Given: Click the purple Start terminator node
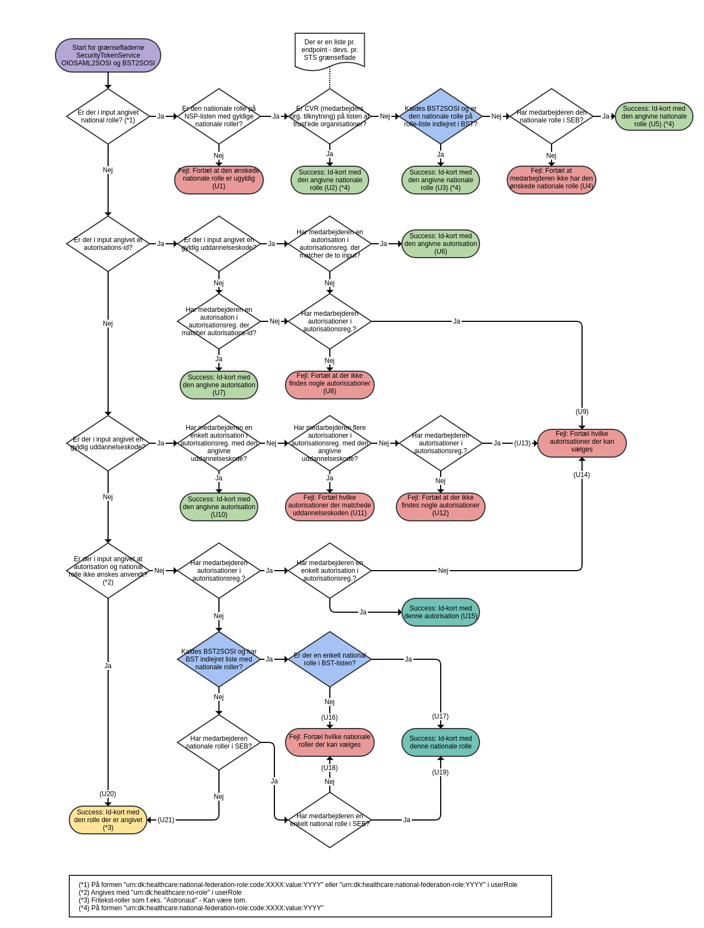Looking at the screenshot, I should point(108,55).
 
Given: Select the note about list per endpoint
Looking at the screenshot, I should point(330,50).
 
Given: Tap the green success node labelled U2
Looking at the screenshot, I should point(330,180).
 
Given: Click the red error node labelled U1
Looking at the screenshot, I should point(219,180).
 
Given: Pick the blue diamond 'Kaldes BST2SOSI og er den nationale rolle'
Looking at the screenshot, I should point(441,116).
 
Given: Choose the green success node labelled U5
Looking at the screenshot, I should point(654,116).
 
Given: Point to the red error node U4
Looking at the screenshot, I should point(552,180).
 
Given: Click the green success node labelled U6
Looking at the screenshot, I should point(441,244).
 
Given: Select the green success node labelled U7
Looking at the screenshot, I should point(219,385).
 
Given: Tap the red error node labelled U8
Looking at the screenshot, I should point(330,384).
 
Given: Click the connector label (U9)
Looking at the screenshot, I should point(582,412).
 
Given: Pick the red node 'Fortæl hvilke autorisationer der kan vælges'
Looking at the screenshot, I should point(582,443).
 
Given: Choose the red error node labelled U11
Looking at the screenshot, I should point(330,506).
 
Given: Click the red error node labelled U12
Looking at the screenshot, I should point(441,506).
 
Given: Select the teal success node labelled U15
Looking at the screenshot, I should point(441,612).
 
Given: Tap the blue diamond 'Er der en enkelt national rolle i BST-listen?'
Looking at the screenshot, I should point(330,659).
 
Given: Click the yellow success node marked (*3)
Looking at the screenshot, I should point(108,820).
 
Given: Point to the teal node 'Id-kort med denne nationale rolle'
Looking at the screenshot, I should point(441,742).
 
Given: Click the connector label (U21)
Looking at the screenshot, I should point(166,820).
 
